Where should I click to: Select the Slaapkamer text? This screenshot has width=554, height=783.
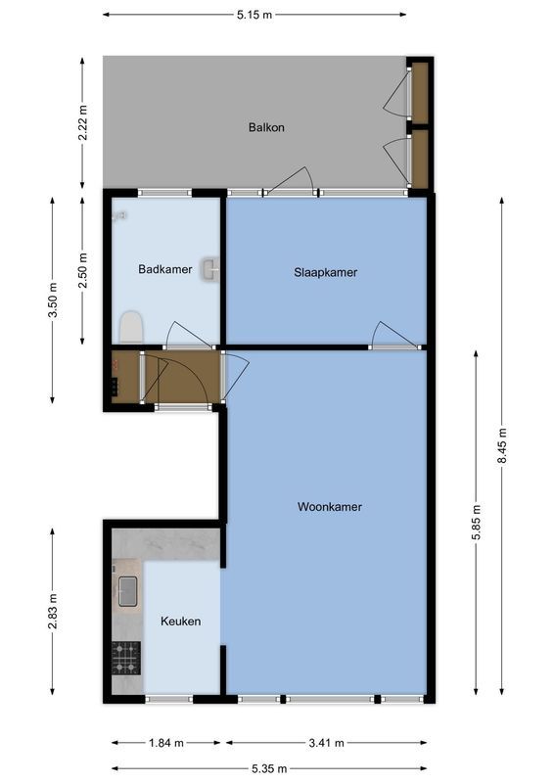325,272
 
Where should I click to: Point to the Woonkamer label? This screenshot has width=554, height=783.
330,507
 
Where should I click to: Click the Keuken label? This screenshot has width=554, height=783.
180,621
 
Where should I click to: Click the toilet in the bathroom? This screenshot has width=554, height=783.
130,327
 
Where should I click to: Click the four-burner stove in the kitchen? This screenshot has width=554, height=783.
126,658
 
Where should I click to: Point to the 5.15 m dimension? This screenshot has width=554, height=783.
255,15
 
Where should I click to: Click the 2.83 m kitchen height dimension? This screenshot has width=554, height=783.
53,612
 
